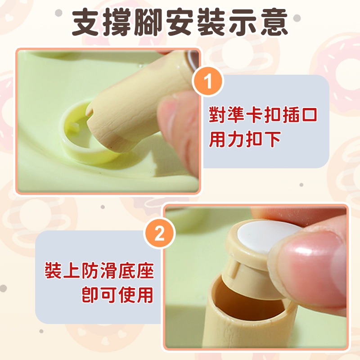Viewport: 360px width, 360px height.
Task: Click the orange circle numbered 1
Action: pos(207,83)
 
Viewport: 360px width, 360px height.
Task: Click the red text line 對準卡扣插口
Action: pos(263,116)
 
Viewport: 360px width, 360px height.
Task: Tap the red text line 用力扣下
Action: pos(245,139)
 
